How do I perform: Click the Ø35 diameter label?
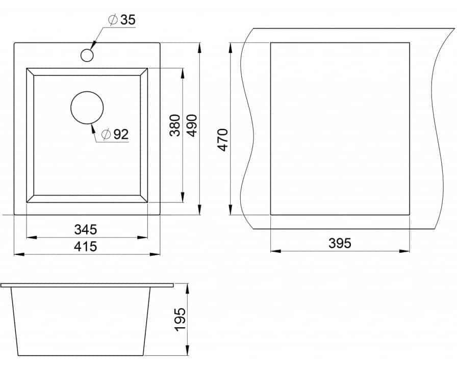[122, 20]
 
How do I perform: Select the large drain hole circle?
[87, 108]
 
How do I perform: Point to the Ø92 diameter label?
[115, 134]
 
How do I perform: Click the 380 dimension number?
[175, 125]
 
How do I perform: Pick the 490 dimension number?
[192, 125]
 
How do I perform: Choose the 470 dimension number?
[223, 140]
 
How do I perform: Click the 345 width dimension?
[85, 229]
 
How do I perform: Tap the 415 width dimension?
[85, 247]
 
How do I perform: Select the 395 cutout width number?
[340, 243]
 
